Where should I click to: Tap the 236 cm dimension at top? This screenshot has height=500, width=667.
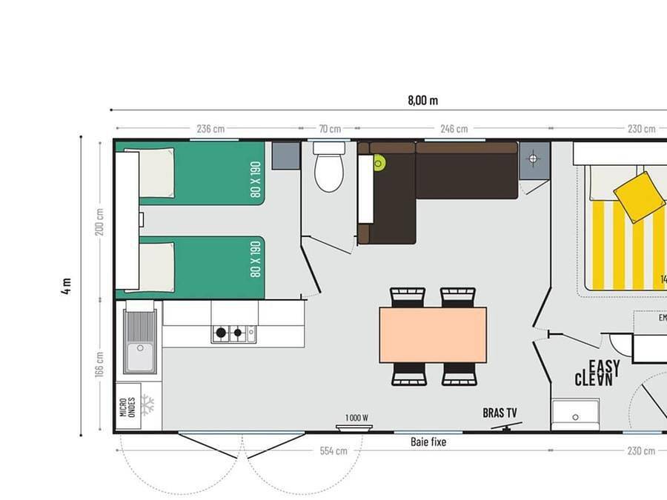click(210, 129)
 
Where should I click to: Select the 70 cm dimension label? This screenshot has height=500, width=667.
click(330, 129)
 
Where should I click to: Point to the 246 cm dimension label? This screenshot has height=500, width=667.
click(454, 129)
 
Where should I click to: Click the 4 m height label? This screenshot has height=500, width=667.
click(67, 286)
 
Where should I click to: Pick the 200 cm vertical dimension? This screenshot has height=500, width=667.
click(100, 221)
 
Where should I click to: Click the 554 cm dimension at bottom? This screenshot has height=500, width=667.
click(333, 450)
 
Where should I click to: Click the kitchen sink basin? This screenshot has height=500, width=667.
click(139, 358)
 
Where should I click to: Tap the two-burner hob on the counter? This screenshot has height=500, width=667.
click(229, 333)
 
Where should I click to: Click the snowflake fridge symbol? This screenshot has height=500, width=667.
click(147, 405)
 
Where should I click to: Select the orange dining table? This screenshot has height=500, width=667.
click(433, 335)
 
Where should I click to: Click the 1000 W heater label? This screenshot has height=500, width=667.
click(356, 418)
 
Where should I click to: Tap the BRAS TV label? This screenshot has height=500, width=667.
click(500, 413)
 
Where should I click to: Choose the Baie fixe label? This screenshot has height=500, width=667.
click(428, 442)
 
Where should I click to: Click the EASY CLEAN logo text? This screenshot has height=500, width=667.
click(594, 373)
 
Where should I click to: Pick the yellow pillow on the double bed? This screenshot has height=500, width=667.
click(639, 196)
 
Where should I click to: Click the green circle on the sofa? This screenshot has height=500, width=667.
click(379, 162)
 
